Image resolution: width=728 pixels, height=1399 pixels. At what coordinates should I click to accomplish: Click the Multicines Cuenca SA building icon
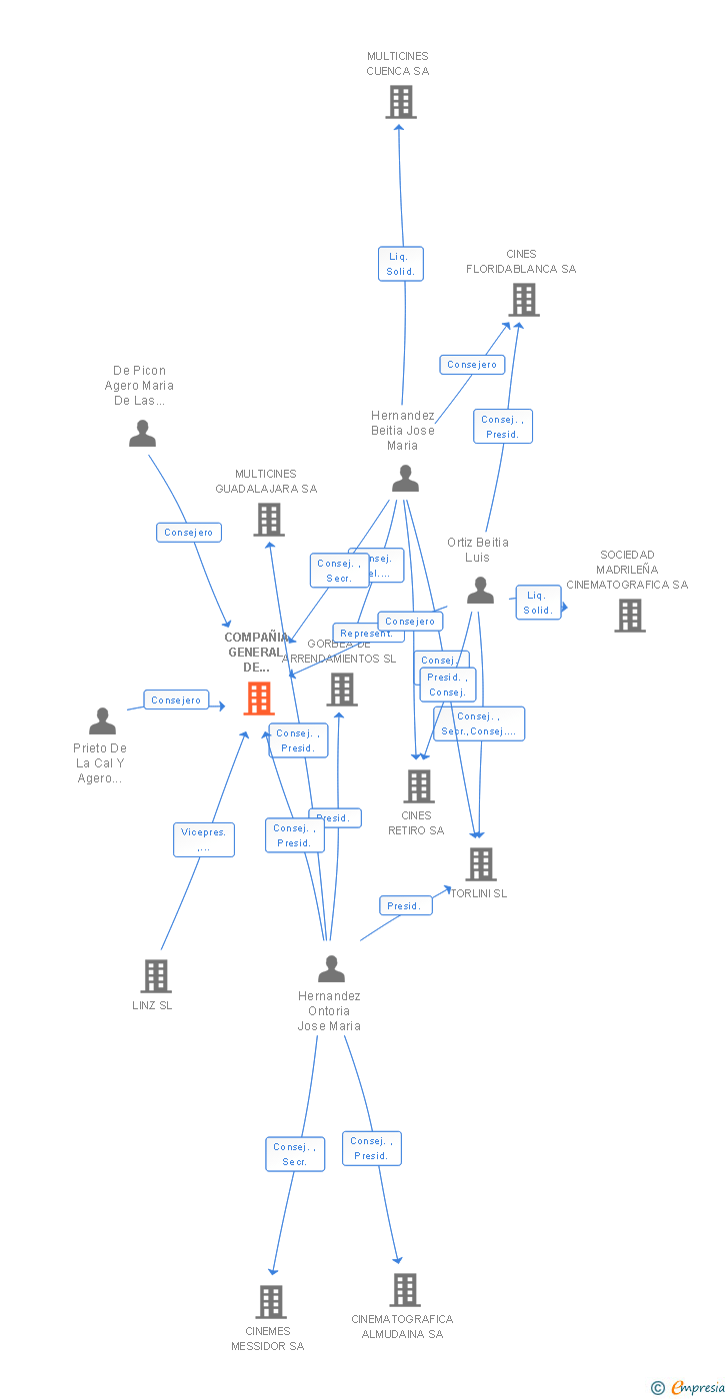(401, 102)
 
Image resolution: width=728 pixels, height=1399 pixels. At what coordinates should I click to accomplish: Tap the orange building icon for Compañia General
(259, 699)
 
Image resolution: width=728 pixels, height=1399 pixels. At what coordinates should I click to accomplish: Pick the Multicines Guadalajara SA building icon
(268, 520)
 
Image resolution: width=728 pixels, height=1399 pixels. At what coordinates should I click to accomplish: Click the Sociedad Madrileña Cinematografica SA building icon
(630, 616)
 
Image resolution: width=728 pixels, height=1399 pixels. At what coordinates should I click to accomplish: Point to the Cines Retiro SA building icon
(419, 786)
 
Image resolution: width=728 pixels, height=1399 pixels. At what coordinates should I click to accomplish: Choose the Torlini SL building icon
(481, 864)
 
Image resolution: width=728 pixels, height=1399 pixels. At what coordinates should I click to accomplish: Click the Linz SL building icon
(156, 976)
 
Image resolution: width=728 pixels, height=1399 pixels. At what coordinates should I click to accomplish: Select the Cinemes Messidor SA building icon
(271, 1302)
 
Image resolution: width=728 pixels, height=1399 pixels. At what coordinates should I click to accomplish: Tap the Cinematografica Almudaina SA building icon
(405, 1290)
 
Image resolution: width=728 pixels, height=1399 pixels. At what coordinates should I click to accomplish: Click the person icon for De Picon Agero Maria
(143, 434)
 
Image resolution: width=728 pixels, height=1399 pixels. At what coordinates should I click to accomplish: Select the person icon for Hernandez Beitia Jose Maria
(405, 479)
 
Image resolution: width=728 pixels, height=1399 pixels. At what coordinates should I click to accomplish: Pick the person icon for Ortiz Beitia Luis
(480, 591)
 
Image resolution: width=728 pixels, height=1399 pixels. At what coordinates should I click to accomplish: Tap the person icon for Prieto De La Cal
(102, 720)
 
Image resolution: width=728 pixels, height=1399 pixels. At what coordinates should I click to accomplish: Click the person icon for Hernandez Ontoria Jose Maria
(331, 968)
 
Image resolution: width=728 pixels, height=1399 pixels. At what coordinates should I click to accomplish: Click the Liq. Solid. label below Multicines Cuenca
(401, 264)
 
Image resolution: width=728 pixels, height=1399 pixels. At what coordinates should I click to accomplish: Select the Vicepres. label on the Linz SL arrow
(204, 839)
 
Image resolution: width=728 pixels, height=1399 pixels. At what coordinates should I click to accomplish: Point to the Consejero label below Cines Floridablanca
(472, 365)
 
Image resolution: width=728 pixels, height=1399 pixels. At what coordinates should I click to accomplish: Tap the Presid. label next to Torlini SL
(405, 906)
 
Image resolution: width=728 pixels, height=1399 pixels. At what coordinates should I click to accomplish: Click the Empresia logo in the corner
(691, 1387)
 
